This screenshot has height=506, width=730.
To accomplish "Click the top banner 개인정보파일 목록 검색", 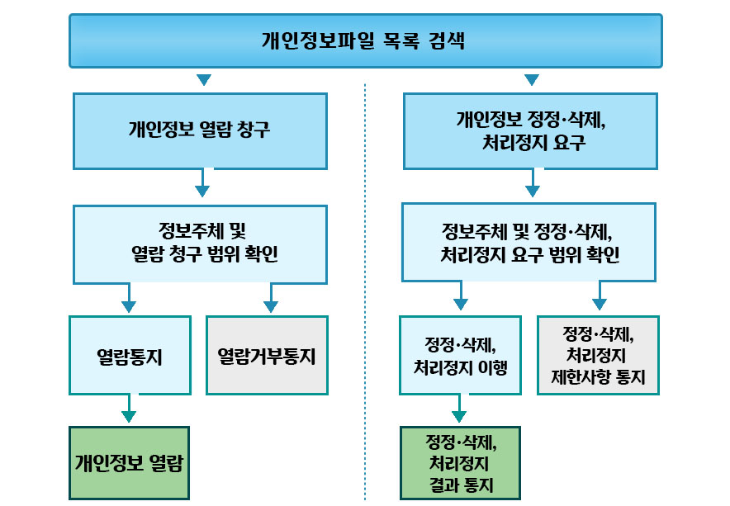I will coord(365,40).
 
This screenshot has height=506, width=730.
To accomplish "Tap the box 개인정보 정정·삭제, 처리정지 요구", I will coord(531,130).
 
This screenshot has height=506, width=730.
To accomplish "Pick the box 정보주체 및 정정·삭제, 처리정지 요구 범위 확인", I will coord(531,243).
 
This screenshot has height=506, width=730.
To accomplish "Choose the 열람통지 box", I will coord(130,356).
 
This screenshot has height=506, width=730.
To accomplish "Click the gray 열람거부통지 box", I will coord(267,356).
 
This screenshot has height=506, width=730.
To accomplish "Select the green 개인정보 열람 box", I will coord(129,462).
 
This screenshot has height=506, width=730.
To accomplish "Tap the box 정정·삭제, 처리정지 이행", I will coord(460,356).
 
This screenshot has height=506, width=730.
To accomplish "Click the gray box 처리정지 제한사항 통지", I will coord(599,356).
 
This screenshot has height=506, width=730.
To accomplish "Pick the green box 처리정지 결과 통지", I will coord(461,462).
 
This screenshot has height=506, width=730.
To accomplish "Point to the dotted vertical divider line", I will coord(365,289).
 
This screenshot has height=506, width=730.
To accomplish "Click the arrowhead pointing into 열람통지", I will coord(129,306).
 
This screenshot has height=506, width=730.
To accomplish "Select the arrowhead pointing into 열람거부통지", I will coord(269,306).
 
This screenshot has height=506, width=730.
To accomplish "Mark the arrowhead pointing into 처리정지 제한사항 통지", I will coord(600,305).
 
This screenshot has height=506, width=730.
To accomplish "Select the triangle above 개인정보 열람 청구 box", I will coord(204,81).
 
